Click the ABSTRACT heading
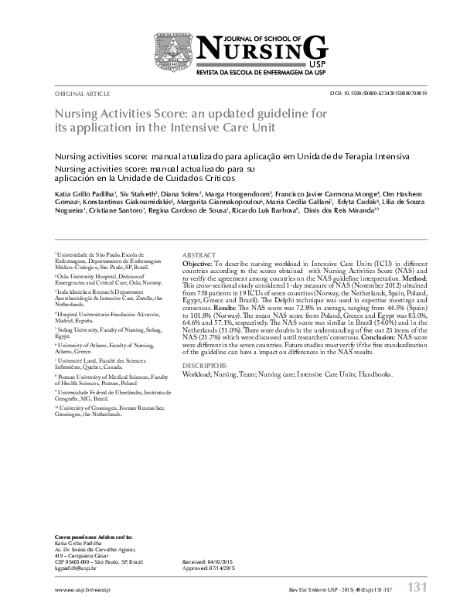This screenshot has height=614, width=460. (x=199, y=254)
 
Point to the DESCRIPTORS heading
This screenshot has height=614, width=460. (x=204, y=364)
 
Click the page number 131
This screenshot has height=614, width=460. (x=417, y=588)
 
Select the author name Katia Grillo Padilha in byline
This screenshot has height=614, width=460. (x=83, y=193)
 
